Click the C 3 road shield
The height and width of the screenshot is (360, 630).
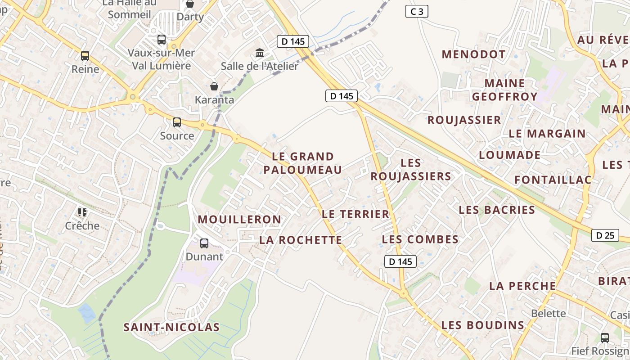pos(417,11)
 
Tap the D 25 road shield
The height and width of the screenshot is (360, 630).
pos(605,235)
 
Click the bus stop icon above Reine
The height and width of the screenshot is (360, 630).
pos(85,56)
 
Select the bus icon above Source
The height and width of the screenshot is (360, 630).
pos(177,122)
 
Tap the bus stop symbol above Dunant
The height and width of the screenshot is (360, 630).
pos(204,243)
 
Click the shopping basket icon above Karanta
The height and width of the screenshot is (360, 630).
pos(214,86)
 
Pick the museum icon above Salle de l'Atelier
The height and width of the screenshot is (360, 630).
pos(260,53)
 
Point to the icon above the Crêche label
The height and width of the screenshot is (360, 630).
pos(82,212)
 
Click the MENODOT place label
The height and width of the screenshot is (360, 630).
pos(473,54)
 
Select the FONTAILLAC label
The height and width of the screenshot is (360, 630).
pos(553,180)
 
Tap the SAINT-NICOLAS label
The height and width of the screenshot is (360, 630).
pos(171,327)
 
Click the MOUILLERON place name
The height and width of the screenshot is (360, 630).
pos(239,220)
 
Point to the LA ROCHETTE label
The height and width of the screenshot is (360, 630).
pos(301,240)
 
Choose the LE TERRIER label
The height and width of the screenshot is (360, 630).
pos(355,214)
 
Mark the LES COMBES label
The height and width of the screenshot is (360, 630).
pos(420,239)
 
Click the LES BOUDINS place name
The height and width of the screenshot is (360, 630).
pos(482,325)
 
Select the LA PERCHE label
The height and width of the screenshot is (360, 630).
pos(522,286)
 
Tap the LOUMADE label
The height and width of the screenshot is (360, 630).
pos(509,155)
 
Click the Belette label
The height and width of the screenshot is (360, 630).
pos(548,313)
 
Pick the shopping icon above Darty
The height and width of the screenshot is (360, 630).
pos(190,4)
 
